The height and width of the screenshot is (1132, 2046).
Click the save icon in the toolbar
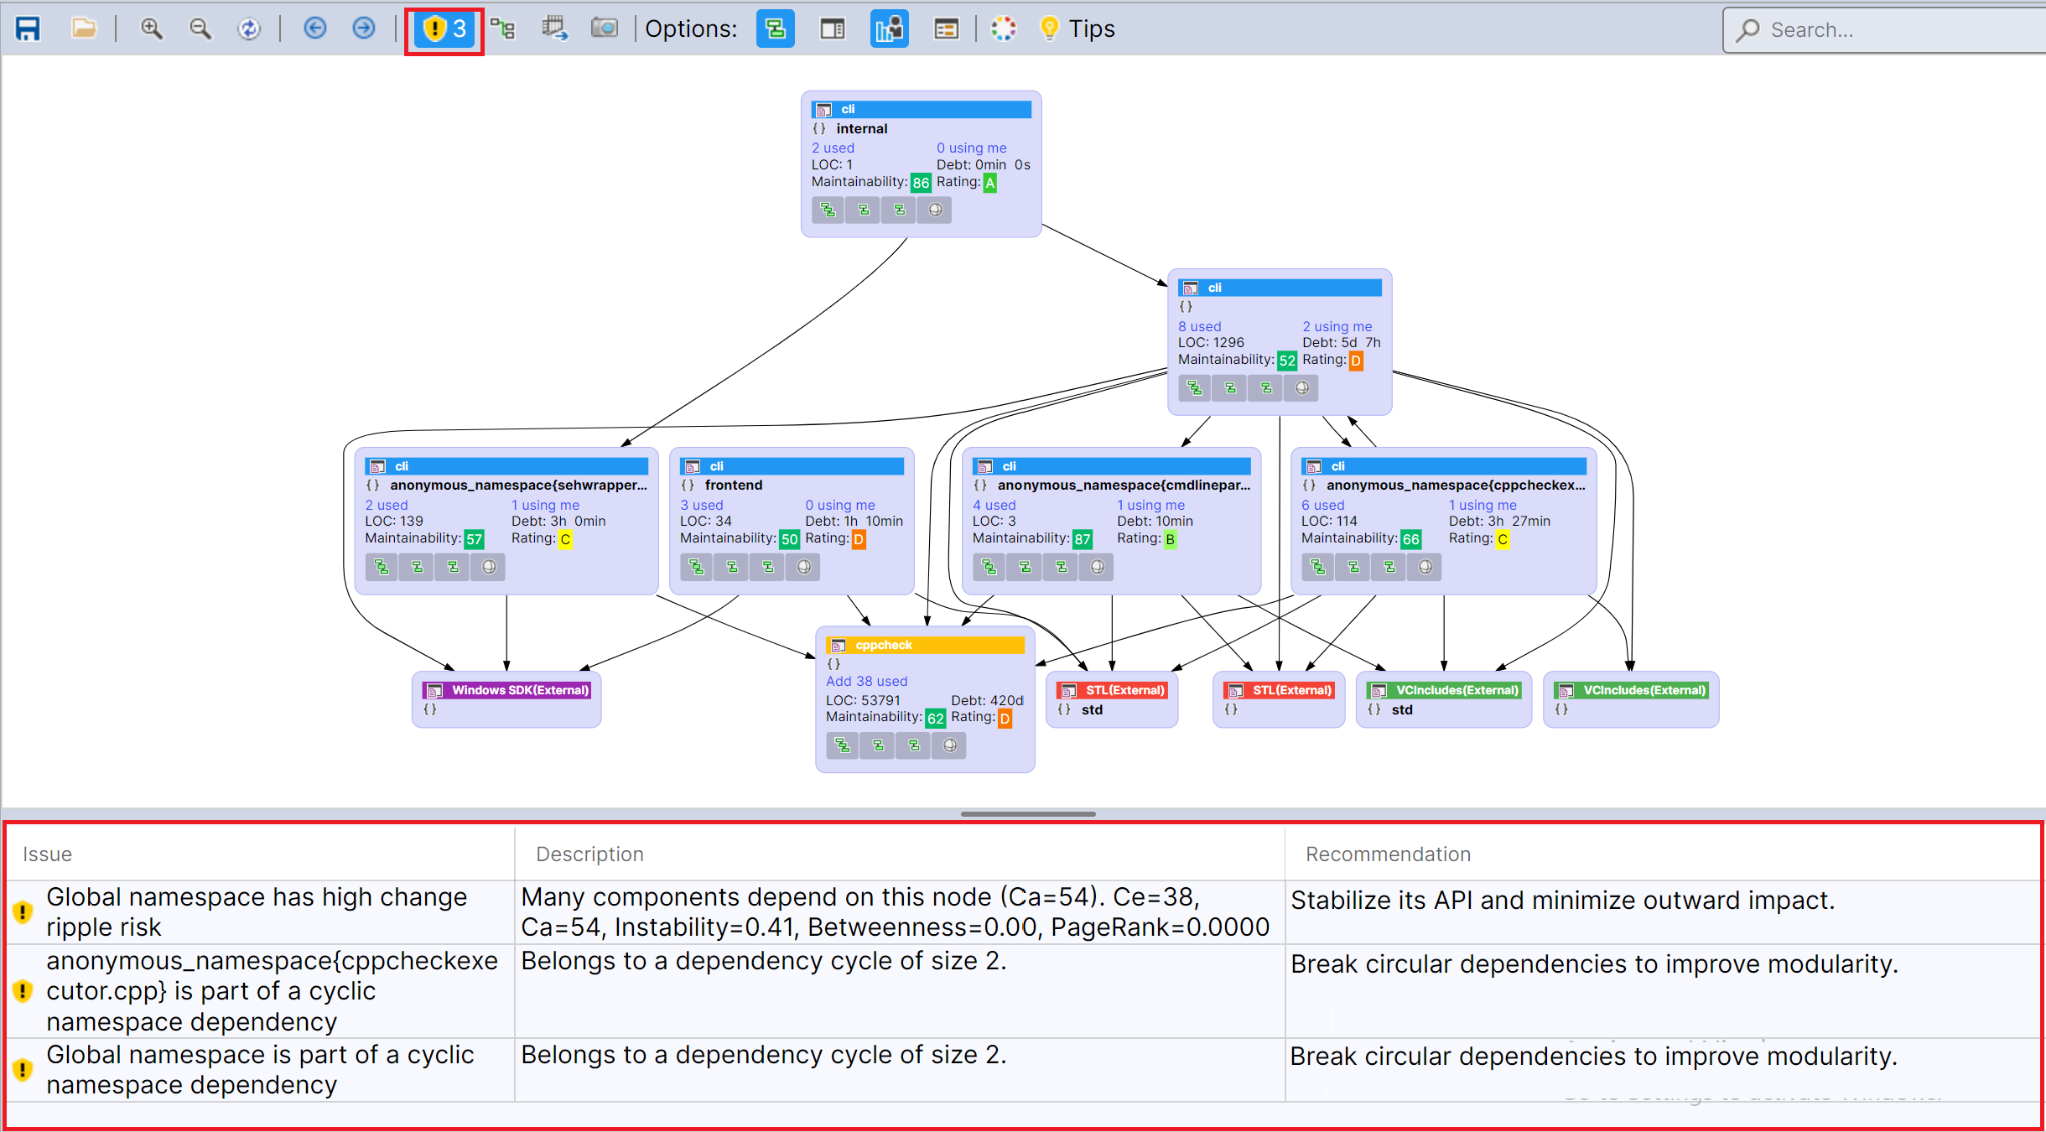click(28, 29)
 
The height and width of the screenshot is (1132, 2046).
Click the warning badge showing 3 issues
click(444, 30)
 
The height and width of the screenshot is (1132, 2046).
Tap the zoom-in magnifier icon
click(151, 29)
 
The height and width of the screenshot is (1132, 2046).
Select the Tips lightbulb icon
click(1049, 29)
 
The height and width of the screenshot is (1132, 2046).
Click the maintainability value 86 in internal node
click(921, 183)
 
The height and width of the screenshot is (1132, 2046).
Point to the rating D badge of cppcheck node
click(1005, 719)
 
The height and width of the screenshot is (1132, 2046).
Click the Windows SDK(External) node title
click(520, 690)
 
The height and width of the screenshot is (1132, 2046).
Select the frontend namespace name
click(734, 485)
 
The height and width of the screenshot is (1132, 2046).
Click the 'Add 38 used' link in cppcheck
click(866, 681)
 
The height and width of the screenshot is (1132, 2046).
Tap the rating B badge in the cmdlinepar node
click(1170, 539)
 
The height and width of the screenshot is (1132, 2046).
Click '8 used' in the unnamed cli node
click(1199, 326)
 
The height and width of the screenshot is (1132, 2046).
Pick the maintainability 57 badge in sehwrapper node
click(474, 539)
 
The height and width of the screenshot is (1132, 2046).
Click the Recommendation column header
click(1388, 854)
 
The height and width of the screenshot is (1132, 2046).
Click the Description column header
click(589, 854)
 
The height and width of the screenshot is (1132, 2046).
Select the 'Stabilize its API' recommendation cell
click(1562, 901)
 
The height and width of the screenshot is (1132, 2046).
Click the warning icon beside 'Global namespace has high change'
click(23, 911)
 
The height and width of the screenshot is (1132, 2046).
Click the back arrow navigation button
click(314, 29)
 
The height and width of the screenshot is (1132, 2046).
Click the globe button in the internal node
click(935, 210)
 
